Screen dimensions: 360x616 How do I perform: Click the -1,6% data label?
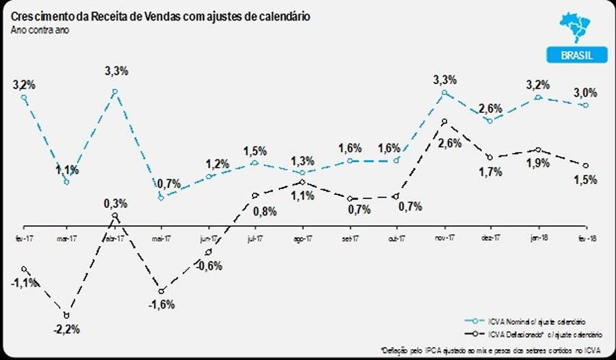tap(162, 304)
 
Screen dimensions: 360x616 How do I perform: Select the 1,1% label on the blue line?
tap(67, 170)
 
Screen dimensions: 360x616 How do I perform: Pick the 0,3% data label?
tap(114, 203)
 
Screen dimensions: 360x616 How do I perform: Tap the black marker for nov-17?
tap(445, 122)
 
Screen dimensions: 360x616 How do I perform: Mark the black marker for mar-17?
tap(66, 316)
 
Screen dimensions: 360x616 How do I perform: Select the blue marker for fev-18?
tap(586, 105)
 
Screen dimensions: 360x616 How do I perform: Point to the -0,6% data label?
tap(209, 266)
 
